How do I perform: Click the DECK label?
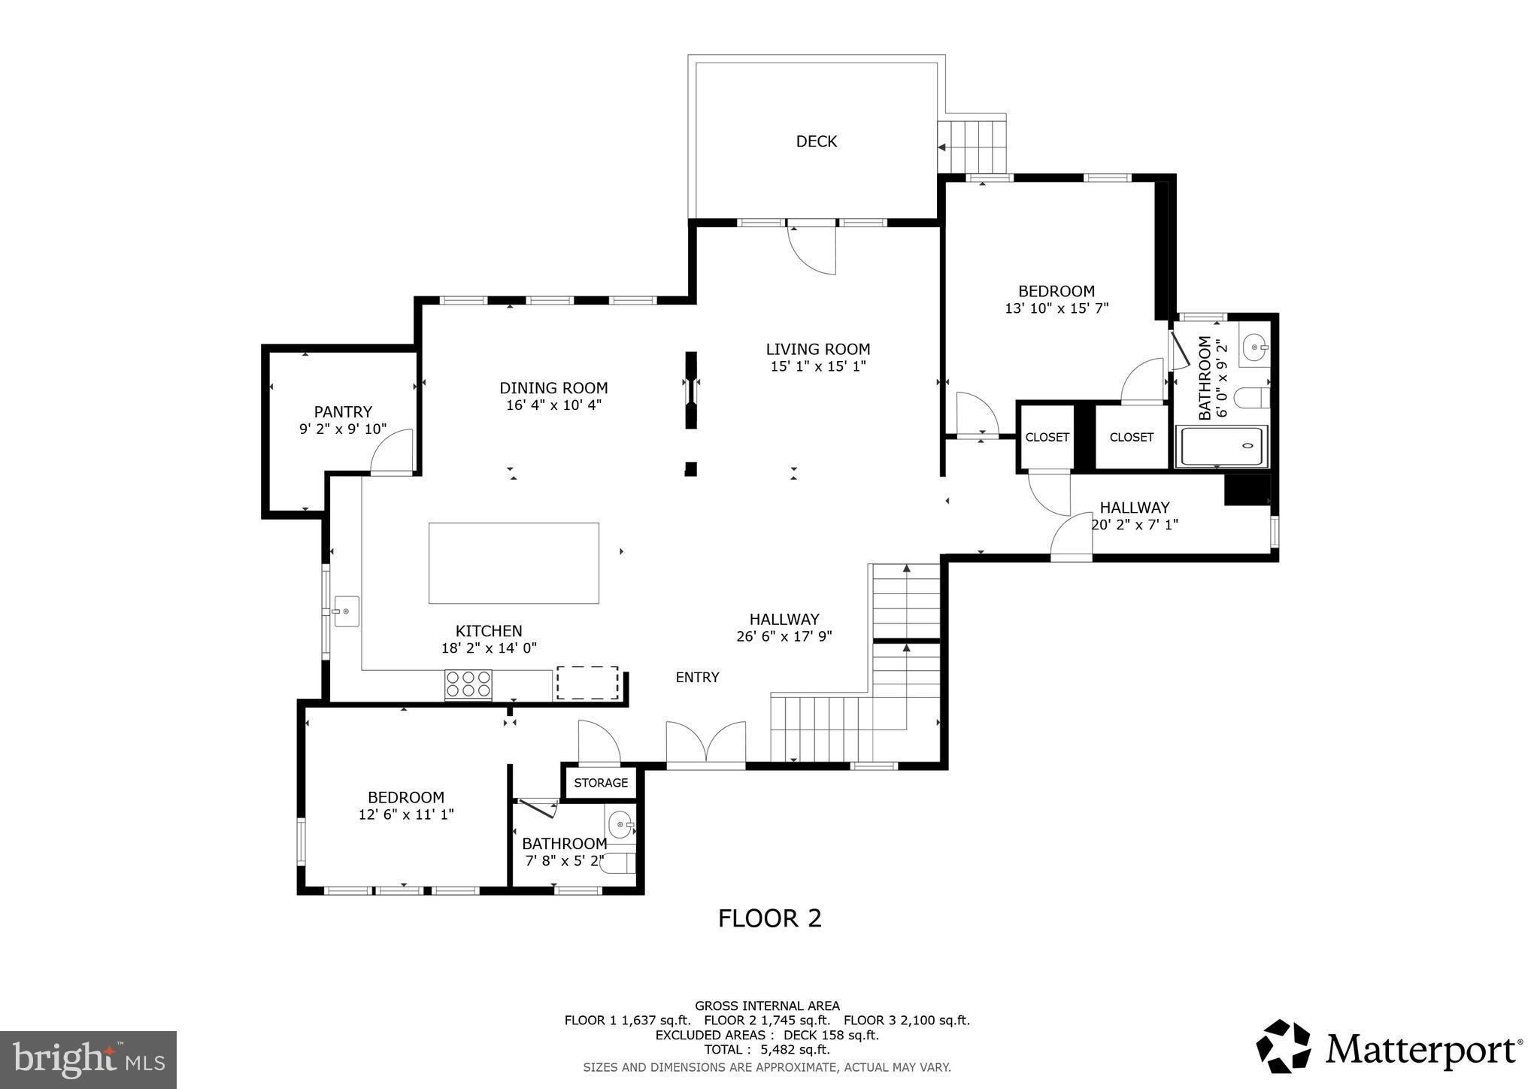coord(816,141)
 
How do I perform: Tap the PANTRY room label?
coord(343,412)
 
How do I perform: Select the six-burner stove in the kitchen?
coord(468,684)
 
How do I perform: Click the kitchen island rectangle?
coord(514,563)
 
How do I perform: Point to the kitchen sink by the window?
coord(346,611)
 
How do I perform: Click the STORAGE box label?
coord(601,783)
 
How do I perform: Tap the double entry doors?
coord(705,745)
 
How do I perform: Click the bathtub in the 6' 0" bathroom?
coord(1221,447)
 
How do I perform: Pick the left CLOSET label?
coord(1047,437)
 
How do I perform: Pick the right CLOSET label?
coord(1131,437)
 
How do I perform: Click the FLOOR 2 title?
coord(769,918)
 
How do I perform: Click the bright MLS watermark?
coord(88,1060)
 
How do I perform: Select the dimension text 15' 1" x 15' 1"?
coord(818,366)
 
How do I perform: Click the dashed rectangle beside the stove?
coord(587,683)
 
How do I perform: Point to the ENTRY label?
coord(697,678)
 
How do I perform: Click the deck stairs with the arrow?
coord(974,147)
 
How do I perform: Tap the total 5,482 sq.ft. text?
coord(767,1050)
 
